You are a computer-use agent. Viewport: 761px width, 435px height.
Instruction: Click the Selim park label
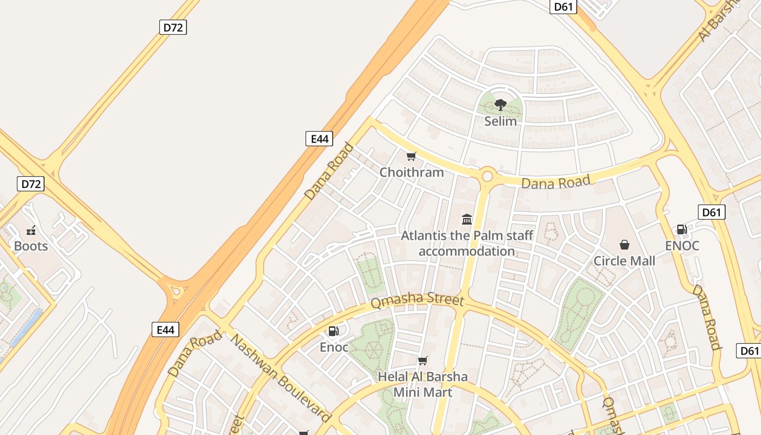pyautogui.click(x=500, y=121)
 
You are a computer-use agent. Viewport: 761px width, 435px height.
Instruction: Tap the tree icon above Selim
pyautogui.click(x=500, y=104)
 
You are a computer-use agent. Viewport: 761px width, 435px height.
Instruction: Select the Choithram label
pyautogui.click(x=411, y=172)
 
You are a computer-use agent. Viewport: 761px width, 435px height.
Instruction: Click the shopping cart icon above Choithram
pyautogui.click(x=411, y=157)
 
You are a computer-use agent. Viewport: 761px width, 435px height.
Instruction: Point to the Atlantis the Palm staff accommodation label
pyautogui.click(x=466, y=243)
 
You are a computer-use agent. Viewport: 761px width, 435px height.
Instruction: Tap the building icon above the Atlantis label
pyautogui.click(x=466, y=219)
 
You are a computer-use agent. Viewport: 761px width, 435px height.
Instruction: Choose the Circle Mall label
pyautogui.click(x=624, y=261)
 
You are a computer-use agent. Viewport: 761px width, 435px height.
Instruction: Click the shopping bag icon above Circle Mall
pyautogui.click(x=625, y=245)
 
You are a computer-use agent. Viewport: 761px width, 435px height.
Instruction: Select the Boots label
pyautogui.click(x=31, y=246)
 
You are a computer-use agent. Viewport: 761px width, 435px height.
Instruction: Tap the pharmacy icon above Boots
pyautogui.click(x=31, y=230)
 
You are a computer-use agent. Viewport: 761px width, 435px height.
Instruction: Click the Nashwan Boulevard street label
pyautogui.click(x=280, y=378)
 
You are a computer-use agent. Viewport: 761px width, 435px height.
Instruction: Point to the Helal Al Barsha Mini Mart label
pyautogui.click(x=422, y=384)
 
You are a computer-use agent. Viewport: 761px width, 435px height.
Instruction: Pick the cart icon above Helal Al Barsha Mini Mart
pyautogui.click(x=422, y=361)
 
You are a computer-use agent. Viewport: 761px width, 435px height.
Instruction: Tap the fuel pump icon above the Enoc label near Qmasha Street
pyautogui.click(x=333, y=331)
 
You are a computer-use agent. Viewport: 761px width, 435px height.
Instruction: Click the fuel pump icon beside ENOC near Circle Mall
pyautogui.click(x=682, y=229)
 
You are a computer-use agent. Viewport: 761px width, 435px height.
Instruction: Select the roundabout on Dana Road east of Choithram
pyautogui.click(x=486, y=176)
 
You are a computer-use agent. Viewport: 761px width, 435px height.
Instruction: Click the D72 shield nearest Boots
pyautogui.click(x=31, y=184)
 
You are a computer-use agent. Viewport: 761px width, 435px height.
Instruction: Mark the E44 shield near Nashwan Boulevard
pyautogui.click(x=165, y=330)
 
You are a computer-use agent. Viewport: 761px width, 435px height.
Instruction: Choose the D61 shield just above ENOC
pyautogui.click(x=711, y=212)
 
